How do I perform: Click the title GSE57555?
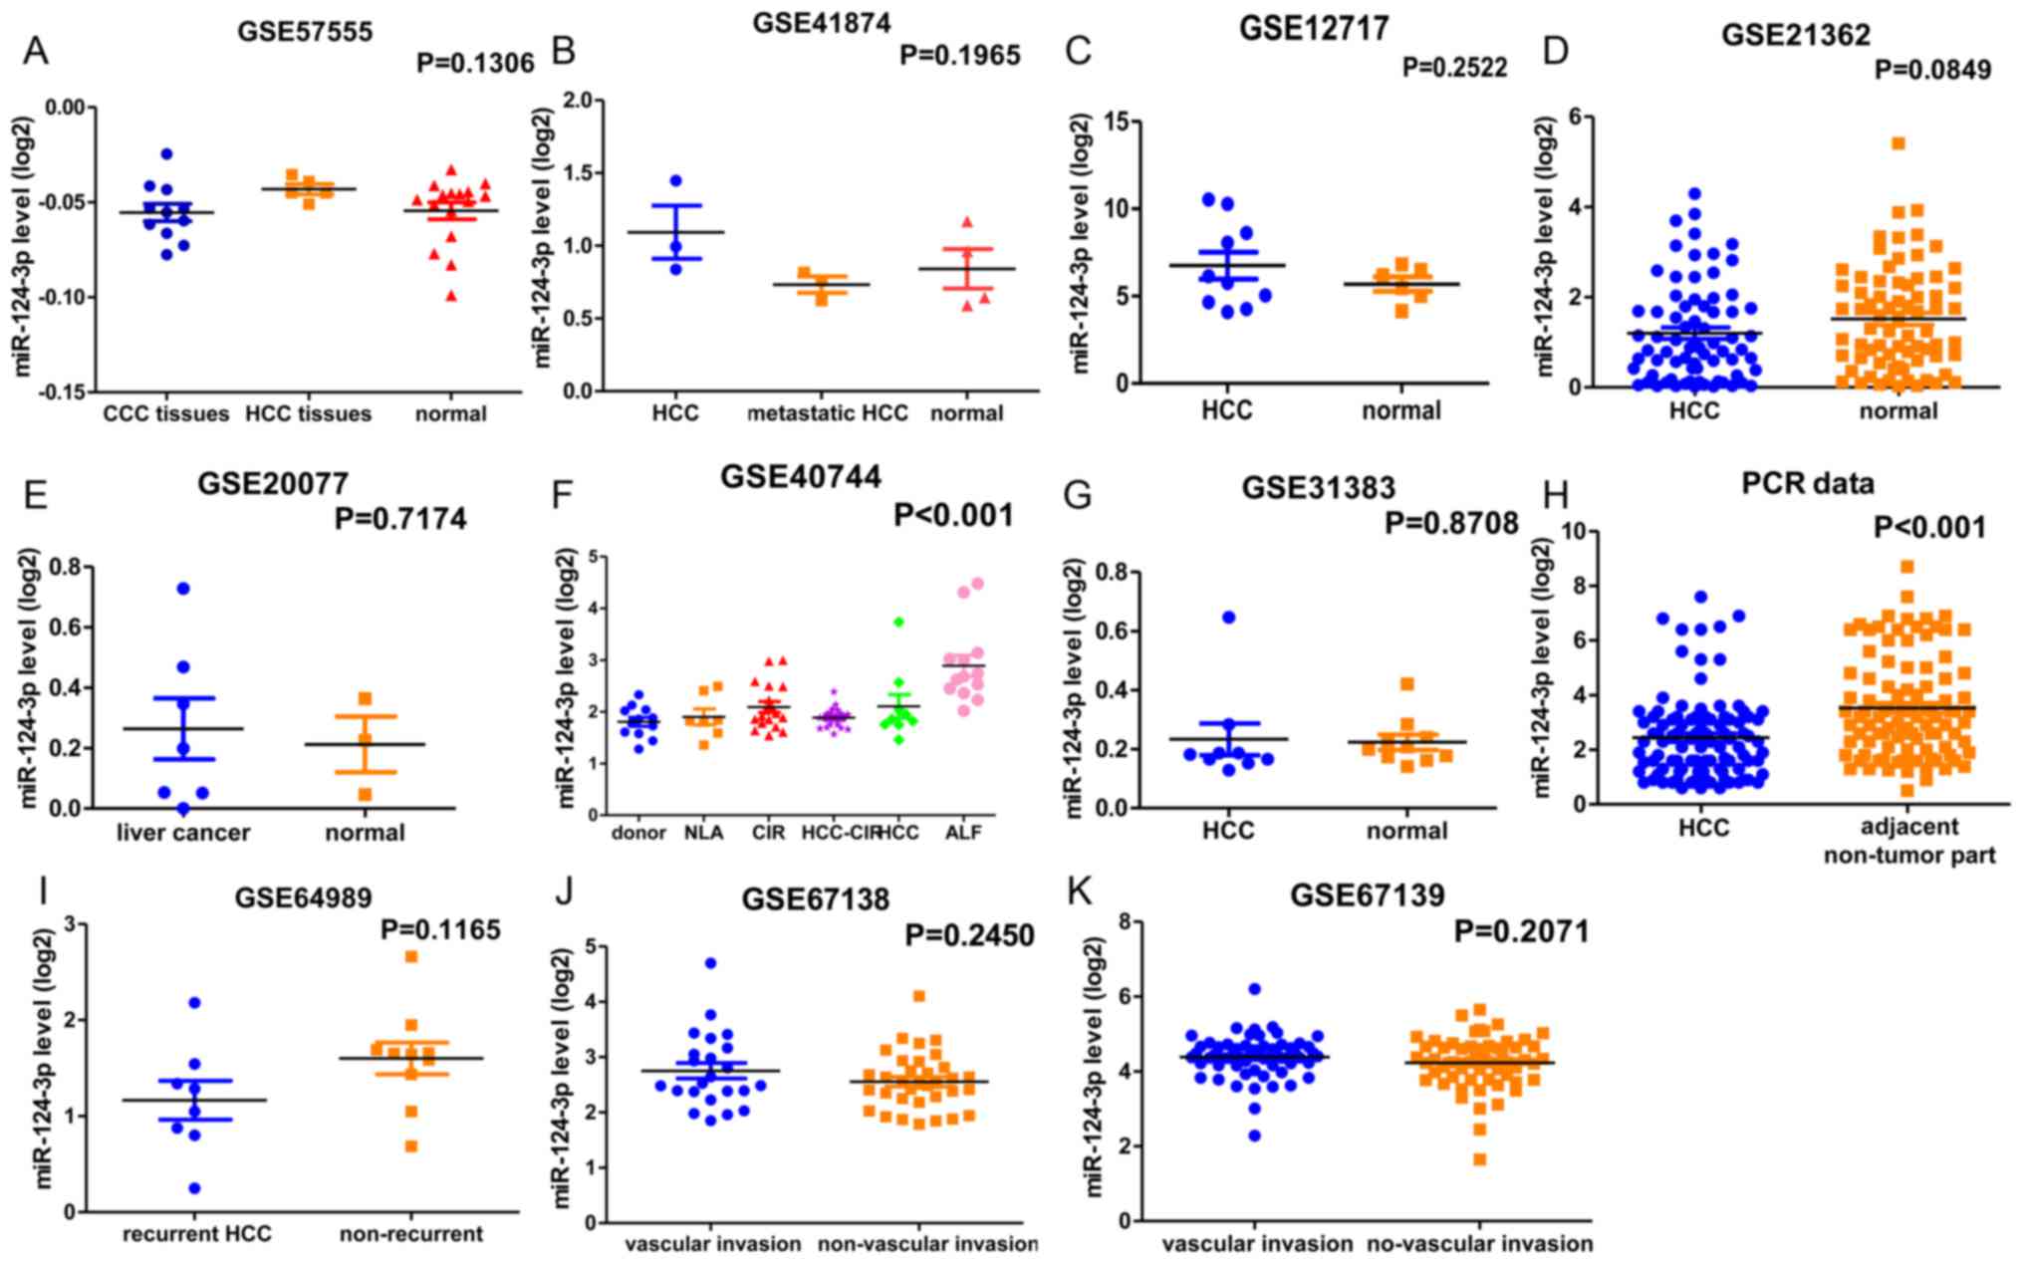pyautogui.click(x=305, y=32)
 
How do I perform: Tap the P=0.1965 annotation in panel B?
pyautogui.click(x=960, y=55)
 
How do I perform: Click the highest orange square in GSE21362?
pyautogui.click(x=1898, y=143)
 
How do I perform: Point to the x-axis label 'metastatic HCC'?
pyautogui.click(x=828, y=413)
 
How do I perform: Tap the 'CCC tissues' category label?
pyautogui.click(x=166, y=413)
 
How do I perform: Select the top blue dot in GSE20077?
pyautogui.click(x=183, y=589)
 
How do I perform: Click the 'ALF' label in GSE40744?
pyautogui.click(x=965, y=832)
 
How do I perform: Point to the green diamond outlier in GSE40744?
pyautogui.click(x=898, y=622)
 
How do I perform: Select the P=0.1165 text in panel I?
pyautogui.click(x=440, y=930)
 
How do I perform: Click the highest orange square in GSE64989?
pyautogui.click(x=411, y=957)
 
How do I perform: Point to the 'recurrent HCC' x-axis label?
pyautogui.click(x=197, y=1234)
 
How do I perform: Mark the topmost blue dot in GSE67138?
pyautogui.click(x=710, y=963)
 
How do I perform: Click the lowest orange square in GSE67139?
pyautogui.click(x=1480, y=1159)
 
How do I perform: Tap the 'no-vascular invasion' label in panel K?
pyautogui.click(x=1479, y=1244)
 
